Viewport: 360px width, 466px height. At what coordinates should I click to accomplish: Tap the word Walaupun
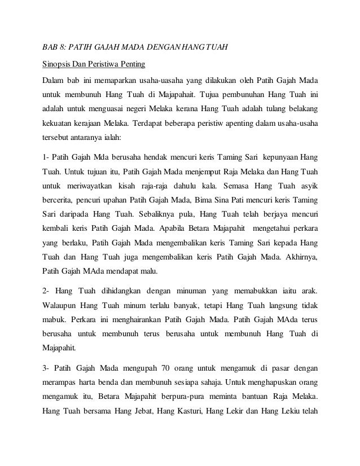click(62, 307)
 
